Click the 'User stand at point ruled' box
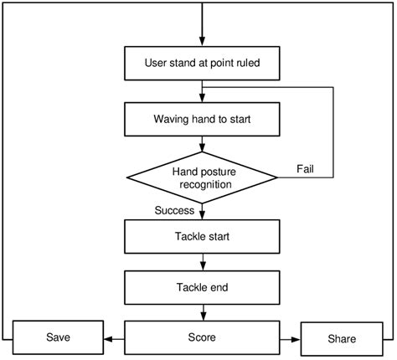point(201,61)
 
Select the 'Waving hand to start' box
point(201,119)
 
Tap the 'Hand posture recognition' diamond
point(201,177)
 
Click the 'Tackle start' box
point(201,237)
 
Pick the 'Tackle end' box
point(201,287)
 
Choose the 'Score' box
point(201,337)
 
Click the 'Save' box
point(58,337)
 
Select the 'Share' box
point(341,339)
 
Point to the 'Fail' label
point(307,170)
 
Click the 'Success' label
point(174,211)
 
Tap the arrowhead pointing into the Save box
point(107,338)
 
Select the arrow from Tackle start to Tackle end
point(201,262)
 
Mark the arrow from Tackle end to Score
point(201,312)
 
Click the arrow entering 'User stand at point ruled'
point(201,33)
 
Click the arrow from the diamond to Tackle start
point(201,211)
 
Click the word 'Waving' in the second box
point(172,119)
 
